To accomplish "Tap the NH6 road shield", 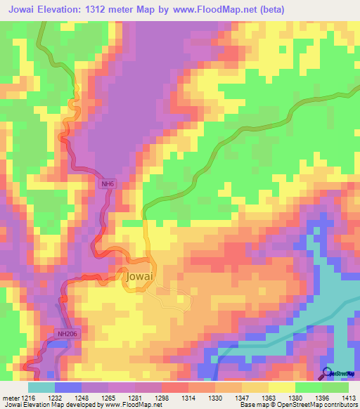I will [x=107, y=184].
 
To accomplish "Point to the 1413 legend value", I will [x=348, y=398].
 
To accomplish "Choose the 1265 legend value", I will [x=107, y=398].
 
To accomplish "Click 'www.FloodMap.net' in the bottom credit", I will [x=132, y=405].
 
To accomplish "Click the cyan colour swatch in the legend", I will [x=41, y=387].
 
